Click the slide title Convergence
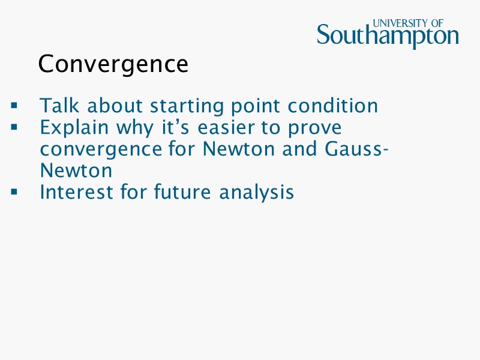(113, 64)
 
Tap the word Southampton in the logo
(388, 36)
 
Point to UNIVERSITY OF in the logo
(407, 23)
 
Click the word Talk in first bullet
(58, 106)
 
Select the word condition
(333, 106)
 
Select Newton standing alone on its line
(76, 171)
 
